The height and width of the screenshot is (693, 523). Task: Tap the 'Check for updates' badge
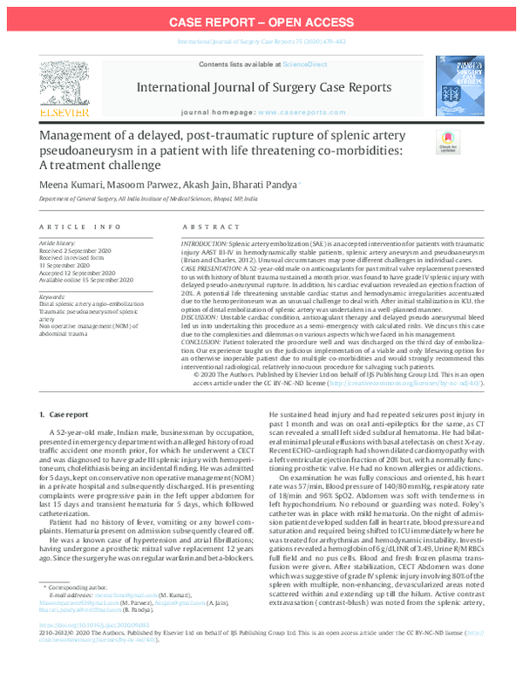pyautogui.click(x=448, y=140)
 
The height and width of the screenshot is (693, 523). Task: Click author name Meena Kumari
pyautogui.click(x=72, y=185)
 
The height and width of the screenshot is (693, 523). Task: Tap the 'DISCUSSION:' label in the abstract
pyautogui.click(x=200, y=318)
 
